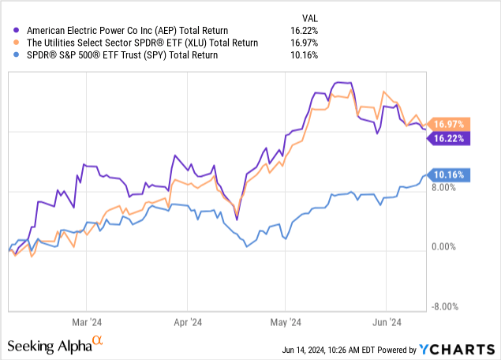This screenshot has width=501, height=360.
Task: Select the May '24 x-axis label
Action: pyautogui.click(x=286, y=322)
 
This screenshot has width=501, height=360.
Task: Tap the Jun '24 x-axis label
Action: pyautogui.click(x=386, y=322)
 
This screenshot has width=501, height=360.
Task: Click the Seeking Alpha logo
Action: pyautogui.click(x=55, y=345)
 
